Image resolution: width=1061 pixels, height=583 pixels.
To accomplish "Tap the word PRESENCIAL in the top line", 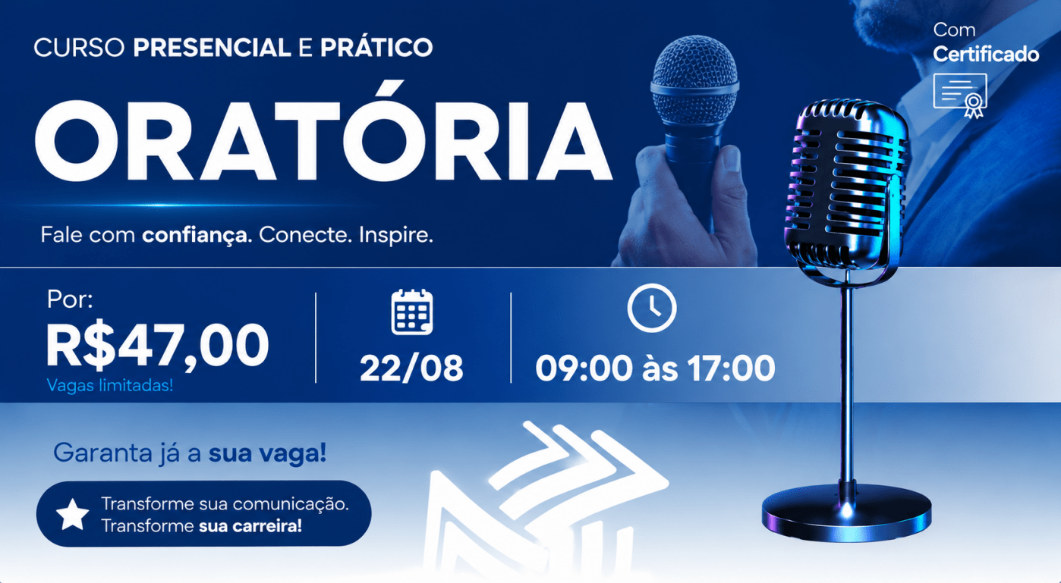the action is pos(212,47).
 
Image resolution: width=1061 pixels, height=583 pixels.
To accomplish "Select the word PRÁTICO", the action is pos(376,46).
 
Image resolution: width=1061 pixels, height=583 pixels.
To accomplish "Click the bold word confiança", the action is pos(197,235).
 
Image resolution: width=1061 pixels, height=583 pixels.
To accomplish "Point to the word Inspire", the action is pos(396,235).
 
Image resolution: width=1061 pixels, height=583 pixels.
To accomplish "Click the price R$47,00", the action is pos(157,346).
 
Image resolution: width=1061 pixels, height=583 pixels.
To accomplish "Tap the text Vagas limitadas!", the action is pos(110,385).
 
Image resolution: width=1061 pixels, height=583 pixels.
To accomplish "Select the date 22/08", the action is pos(411,368).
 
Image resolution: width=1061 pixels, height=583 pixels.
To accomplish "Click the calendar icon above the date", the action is pos(412,312).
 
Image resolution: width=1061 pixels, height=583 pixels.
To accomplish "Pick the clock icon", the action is pos(652,308).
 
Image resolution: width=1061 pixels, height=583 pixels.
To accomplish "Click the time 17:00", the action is pos(731,368).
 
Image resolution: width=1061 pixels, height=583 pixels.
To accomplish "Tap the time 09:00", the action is pos(584,368).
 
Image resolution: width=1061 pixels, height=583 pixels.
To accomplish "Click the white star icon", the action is pos(72,514).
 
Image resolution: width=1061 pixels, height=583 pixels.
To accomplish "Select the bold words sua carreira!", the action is pos(250,525).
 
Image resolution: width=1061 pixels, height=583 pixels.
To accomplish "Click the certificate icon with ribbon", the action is pos(961,95).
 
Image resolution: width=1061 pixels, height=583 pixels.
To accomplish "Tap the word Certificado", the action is pos(986,55).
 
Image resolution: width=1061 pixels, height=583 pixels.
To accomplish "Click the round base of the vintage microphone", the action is pos(846,513).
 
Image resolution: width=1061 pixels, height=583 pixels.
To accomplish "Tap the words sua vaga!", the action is pos(268,453).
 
